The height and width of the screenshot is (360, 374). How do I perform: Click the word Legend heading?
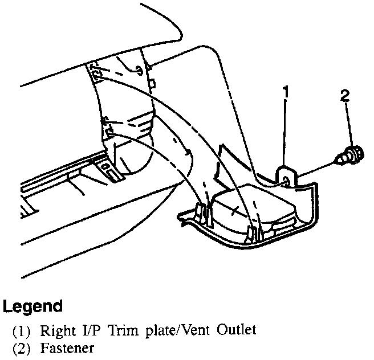click(32, 306)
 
